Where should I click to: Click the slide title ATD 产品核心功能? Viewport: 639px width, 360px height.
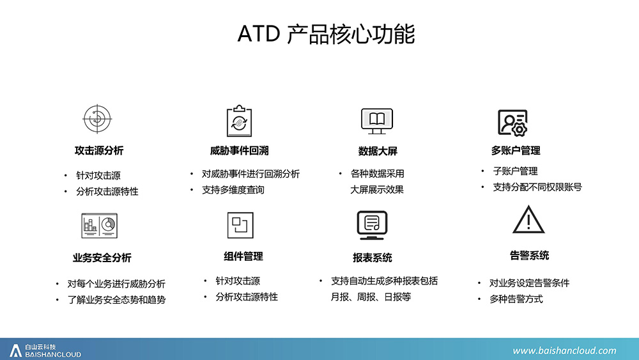(x=326, y=34)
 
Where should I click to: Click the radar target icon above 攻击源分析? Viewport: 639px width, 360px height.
(x=97, y=119)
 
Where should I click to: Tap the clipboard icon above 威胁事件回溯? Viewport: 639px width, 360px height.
(x=239, y=121)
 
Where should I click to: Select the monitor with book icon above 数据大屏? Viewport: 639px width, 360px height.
(x=377, y=121)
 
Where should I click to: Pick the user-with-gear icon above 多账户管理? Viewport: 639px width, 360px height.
(x=512, y=123)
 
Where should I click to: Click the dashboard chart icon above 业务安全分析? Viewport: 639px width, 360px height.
(x=100, y=226)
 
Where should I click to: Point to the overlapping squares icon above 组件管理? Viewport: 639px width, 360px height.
(x=240, y=225)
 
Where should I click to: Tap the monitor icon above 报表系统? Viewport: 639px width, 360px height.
(x=372, y=225)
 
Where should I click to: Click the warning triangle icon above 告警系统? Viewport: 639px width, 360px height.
(x=528, y=219)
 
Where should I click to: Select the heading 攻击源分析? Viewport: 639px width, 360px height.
(x=99, y=150)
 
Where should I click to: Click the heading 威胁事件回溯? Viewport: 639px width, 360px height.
(x=239, y=150)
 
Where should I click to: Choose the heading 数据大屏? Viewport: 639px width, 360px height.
(x=378, y=151)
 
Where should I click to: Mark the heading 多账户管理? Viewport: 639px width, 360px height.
(x=516, y=150)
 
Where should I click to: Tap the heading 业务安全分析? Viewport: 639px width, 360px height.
(x=102, y=258)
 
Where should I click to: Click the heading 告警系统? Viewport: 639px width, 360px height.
(x=529, y=256)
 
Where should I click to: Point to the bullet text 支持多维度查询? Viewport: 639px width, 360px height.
(x=233, y=190)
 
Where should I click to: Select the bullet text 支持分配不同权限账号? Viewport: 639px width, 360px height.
(x=537, y=187)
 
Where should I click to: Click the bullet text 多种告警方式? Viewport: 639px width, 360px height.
(x=516, y=299)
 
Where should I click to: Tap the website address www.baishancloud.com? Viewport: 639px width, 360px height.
(x=564, y=350)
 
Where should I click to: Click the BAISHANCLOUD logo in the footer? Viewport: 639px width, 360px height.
(x=45, y=350)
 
